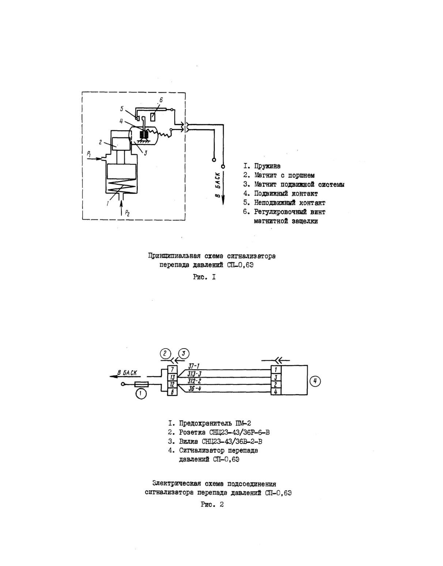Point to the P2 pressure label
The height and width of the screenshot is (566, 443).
pyautogui.click(x=127, y=213)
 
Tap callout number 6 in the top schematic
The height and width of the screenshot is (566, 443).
pyautogui.click(x=161, y=100)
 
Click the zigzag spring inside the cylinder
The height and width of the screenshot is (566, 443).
pyautogui.click(x=121, y=186)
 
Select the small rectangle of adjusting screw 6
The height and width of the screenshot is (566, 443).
pyautogui.click(x=154, y=116)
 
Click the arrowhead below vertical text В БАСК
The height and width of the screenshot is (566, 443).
pyautogui.click(x=223, y=201)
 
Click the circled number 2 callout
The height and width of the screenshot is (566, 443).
pyautogui.click(x=165, y=354)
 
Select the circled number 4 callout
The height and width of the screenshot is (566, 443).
pyautogui.click(x=315, y=381)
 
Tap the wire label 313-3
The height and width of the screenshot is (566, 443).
pyautogui.click(x=194, y=374)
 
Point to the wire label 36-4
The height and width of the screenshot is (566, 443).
pyautogui.click(x=194, y=389)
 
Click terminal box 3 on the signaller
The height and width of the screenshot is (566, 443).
pyautogui.click(x=276, y=377)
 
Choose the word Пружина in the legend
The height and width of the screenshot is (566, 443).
pyautogui.click(x=268, y=166)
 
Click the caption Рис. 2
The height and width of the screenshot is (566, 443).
pyautogui.click(x=212, y=505)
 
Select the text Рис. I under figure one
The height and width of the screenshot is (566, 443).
pyautogui.click(x=204, y=277)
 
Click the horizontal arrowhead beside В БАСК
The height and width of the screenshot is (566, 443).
pyautogui.click(x=114, y=377)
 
